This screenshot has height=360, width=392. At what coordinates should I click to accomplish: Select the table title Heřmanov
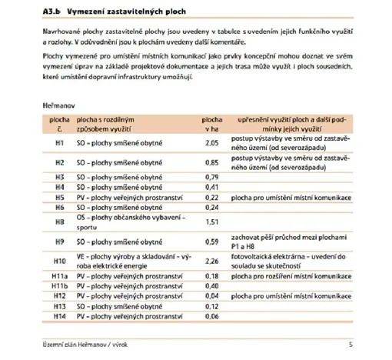[x=60, y=103]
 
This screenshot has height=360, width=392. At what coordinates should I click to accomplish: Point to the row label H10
[x=59, y=260]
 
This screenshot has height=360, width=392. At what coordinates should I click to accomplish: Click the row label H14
[x=59, y=316]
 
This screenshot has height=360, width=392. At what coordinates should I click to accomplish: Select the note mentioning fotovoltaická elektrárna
[x=296, y=260]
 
